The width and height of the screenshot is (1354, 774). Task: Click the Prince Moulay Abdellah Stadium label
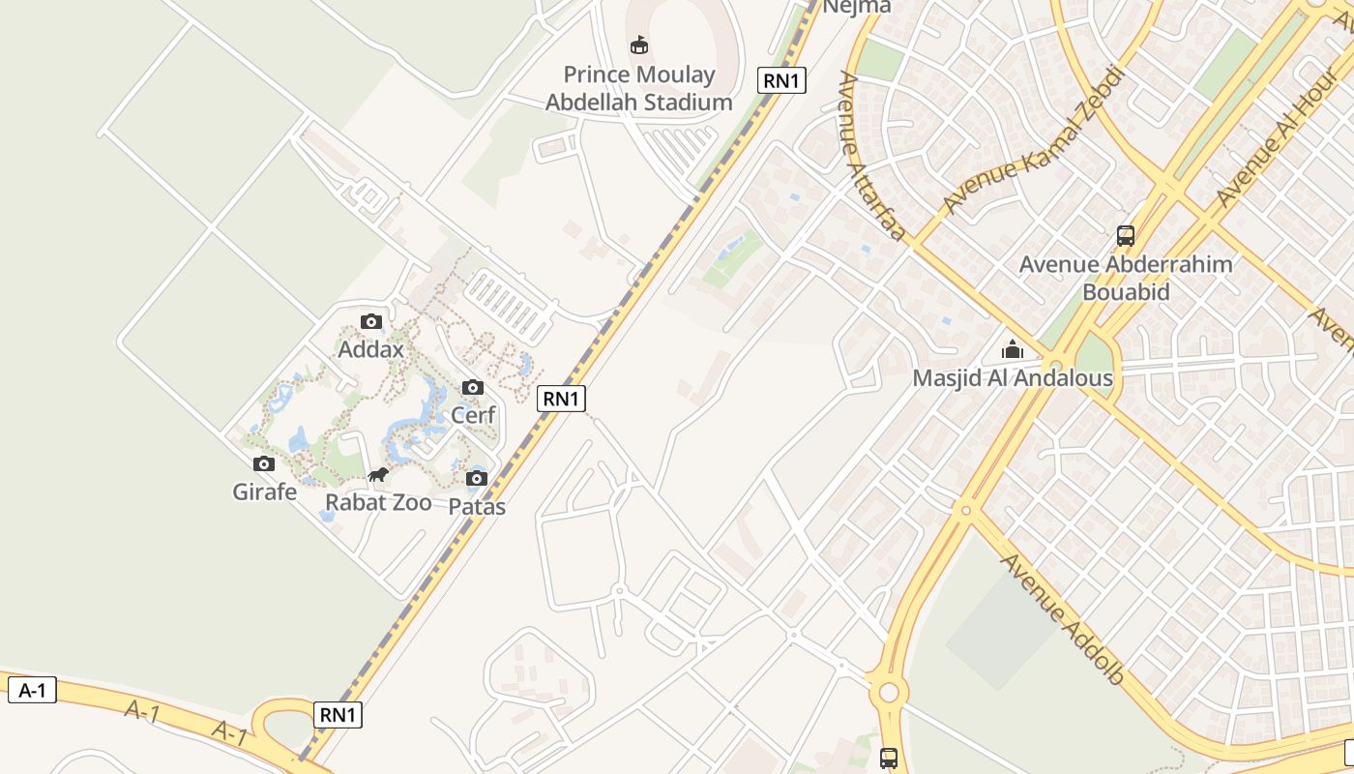pyautogui.click(x=639, y=88)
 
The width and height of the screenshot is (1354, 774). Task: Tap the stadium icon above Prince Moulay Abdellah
pyautogui.click(x=639, y=45)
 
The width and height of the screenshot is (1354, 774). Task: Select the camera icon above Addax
pyautogui.click(x=370, y=321)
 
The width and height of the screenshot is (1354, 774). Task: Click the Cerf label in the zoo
pyautogui.click(x=473, y=415)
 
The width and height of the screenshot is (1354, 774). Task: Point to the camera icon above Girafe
pyautogui.click(x=263, y=463)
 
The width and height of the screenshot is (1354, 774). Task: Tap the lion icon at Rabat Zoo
pyautogui.click(x=378, y=474)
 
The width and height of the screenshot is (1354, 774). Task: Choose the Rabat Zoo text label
pyautogui.click(x=378, y=502)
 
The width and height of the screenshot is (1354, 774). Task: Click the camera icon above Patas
pyautogui.click(x=477, y=478)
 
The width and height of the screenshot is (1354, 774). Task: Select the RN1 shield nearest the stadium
pyautogui.click(x=782, y=80)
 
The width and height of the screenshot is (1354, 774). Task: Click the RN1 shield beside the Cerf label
pyautogui.click(x=562, y=398)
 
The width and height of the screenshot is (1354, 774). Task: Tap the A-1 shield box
pyautogui.click(x=32, y=690)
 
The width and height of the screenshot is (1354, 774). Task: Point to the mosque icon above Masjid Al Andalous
pyautogui.click(x=1013, y=349)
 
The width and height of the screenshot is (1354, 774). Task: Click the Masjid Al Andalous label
pyautogui.click(x=1013, y=378)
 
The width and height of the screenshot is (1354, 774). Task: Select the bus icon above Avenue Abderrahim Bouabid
pyautogui.click(x=1126, y=235)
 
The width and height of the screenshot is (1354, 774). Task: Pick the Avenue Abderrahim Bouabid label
pyautogui.click(x=1126, y=278)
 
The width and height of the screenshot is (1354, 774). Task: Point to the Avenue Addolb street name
pyautogui.click(x=1063, y=618)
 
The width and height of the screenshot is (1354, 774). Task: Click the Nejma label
pyautogui.click(x=842, y=7)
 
